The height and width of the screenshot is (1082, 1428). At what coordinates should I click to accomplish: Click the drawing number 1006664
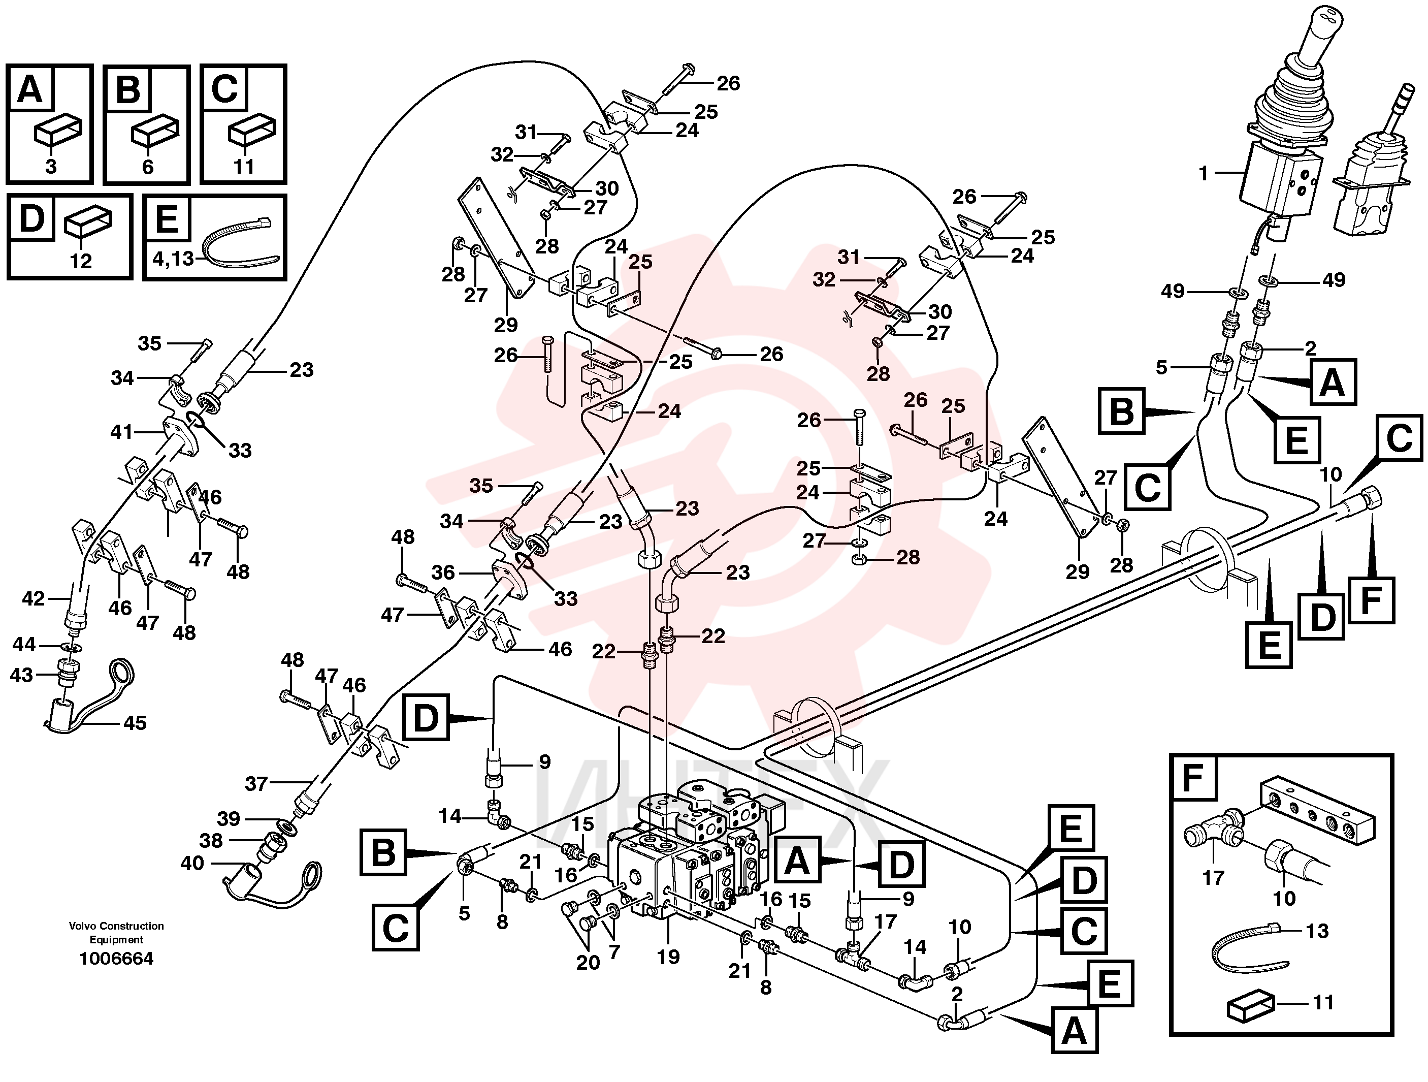pos(116,958)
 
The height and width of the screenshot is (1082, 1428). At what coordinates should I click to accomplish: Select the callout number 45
pos(135,722)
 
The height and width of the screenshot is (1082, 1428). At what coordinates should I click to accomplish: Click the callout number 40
pos(192,863)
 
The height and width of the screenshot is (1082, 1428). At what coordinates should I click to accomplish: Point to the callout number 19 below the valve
pos(668,956)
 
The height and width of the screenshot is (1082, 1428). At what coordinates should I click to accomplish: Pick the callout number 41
pos(121,431)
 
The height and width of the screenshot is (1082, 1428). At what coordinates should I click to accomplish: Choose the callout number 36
pos(443,572)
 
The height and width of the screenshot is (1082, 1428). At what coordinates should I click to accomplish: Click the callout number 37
pos(256,784)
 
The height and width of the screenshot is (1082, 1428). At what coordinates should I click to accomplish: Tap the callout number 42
pos(34,598)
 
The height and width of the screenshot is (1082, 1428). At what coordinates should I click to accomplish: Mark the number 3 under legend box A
pos(51,167)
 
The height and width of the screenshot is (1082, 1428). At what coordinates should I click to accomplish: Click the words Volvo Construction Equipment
pos(116,932)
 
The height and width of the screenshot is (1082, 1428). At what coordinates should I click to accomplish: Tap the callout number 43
pos(21,675)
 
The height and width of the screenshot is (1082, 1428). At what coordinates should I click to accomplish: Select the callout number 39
pos(229,818)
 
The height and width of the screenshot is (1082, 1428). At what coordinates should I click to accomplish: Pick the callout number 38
pos(211,841)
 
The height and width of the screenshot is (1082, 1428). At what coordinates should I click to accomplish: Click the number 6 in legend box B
pos(148,167)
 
